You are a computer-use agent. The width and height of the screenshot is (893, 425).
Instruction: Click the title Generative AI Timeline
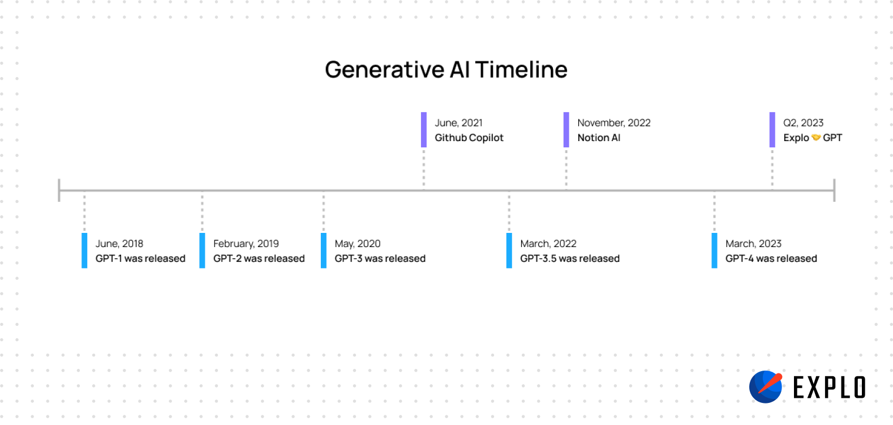click(446, 70)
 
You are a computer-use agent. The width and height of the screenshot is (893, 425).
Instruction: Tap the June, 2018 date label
click(119, 244)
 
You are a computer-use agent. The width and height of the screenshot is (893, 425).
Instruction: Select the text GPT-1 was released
click(140, 258)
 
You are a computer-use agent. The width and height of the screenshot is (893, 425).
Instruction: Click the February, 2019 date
click(246, 244)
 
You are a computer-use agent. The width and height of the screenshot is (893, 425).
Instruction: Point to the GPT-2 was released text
click(259, 258)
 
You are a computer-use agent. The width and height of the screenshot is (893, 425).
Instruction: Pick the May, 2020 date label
click(358, 244)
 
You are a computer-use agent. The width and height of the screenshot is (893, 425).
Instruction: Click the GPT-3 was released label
click(380, 258)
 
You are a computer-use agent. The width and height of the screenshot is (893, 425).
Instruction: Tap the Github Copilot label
click(469, 138)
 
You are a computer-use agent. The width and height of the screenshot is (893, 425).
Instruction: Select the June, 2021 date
click(459, 123)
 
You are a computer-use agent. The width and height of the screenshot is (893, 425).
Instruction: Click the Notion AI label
click(599, 138)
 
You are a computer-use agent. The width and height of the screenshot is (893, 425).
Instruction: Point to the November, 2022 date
click(614, 123)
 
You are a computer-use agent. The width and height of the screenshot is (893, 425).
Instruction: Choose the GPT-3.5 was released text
click(570, 258)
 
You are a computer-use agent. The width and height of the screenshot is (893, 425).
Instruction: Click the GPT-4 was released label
click(771, 258)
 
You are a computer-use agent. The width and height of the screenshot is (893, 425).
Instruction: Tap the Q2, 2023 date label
click(804, 123)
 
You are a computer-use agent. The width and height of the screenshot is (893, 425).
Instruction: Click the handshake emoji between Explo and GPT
click(816, 138)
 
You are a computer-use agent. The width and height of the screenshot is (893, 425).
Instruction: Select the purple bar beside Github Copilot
click(424, 130)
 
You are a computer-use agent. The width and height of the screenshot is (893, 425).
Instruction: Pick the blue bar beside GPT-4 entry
click(714, 250)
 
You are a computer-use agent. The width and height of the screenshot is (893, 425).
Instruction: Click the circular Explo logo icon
click(766, 387)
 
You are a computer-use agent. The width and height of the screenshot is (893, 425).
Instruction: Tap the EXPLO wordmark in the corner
click(829, 388)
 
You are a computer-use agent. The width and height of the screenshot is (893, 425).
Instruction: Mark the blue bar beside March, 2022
click(509, 250)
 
